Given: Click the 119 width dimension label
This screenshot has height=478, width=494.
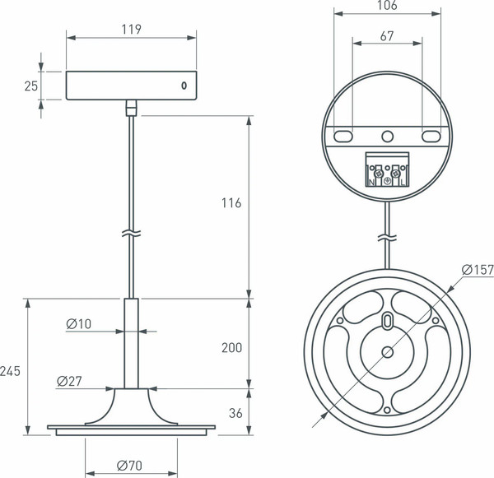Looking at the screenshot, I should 131,29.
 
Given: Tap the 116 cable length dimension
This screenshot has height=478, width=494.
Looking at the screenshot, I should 231,203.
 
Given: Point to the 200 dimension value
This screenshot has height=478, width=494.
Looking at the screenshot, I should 231,347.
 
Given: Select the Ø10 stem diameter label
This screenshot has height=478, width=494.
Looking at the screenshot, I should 79,324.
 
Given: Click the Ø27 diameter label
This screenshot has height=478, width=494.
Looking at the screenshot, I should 70,381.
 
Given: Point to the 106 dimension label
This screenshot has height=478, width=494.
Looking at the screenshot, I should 386,7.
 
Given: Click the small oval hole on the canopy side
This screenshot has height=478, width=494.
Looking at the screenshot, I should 184,86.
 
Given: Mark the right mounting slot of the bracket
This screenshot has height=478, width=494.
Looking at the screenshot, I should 429,136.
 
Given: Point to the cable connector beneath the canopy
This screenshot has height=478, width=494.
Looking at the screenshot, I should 131,107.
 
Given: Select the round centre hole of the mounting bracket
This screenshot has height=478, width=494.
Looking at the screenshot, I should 387,136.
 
